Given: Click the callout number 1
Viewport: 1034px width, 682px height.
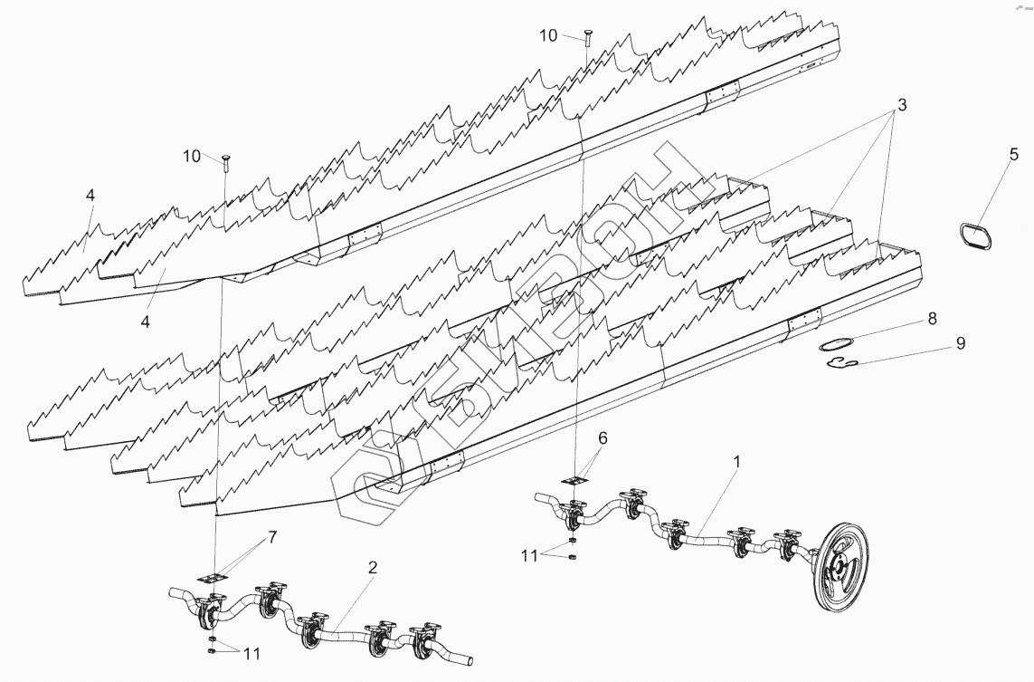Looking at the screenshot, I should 736,461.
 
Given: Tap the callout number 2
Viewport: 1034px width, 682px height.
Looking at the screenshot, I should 373,568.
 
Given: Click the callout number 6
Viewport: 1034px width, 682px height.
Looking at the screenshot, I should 602,437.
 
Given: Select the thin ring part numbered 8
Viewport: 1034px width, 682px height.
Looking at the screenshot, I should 838,343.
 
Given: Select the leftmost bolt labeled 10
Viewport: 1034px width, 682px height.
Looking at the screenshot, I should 223,161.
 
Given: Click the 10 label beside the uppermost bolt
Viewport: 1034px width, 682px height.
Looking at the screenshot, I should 548,35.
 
